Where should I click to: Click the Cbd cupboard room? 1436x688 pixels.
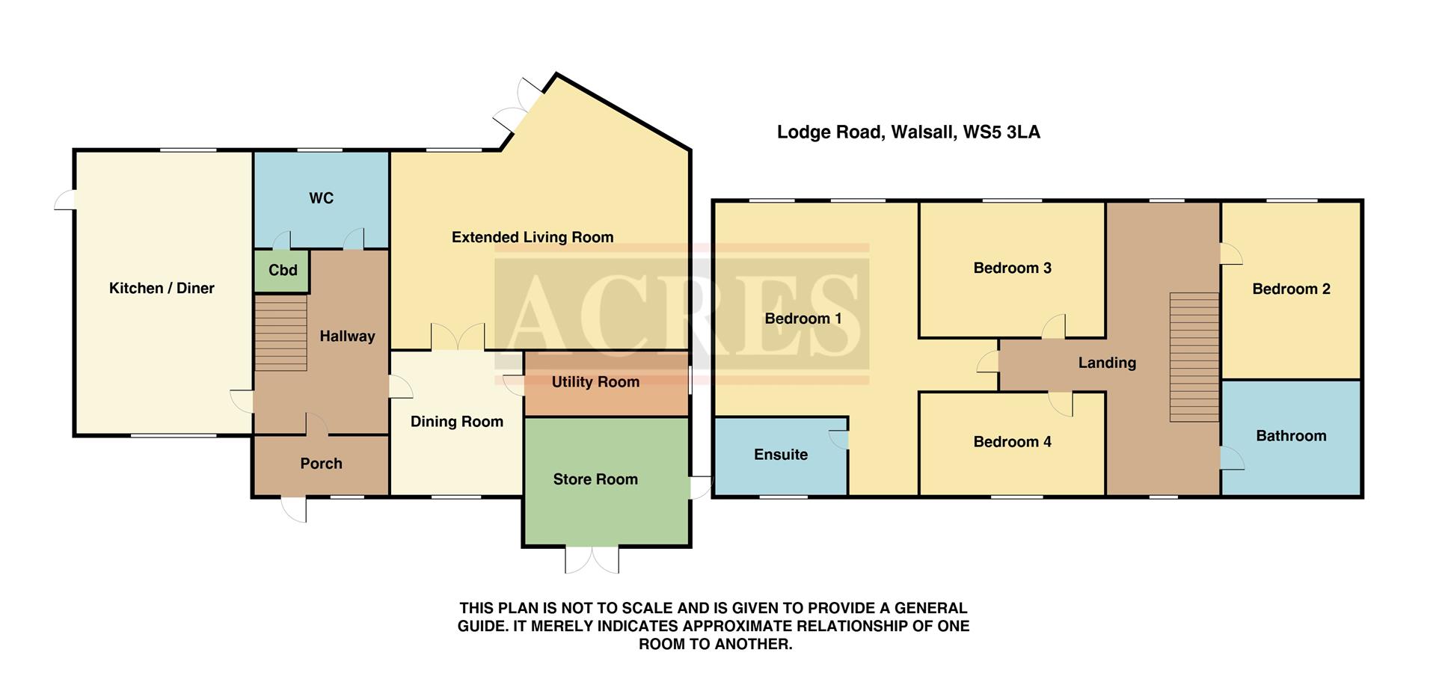(283, 271)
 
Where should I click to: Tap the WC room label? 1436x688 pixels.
(321, 198)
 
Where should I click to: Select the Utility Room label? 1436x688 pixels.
(595, 382)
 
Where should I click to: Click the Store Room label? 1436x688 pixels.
(595, 479)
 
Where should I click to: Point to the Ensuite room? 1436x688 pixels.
(781, 455)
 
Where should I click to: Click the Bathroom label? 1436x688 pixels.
(1291, 436)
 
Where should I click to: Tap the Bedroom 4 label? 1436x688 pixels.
(1012, 442)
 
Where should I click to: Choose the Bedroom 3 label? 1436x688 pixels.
(1012, 268)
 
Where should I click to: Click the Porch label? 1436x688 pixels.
(321, 464)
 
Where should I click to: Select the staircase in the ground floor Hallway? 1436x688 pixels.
(281, 333)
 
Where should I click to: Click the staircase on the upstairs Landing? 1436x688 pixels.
(1194, 357)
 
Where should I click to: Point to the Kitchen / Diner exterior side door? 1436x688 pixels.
(65, 200)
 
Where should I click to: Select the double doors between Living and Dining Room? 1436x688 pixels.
(458, 337)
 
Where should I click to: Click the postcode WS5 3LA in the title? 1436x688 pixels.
(1001, 132)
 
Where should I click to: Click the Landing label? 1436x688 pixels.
(1107, 363)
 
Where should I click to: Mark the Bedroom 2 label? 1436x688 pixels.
(1291, 289)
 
